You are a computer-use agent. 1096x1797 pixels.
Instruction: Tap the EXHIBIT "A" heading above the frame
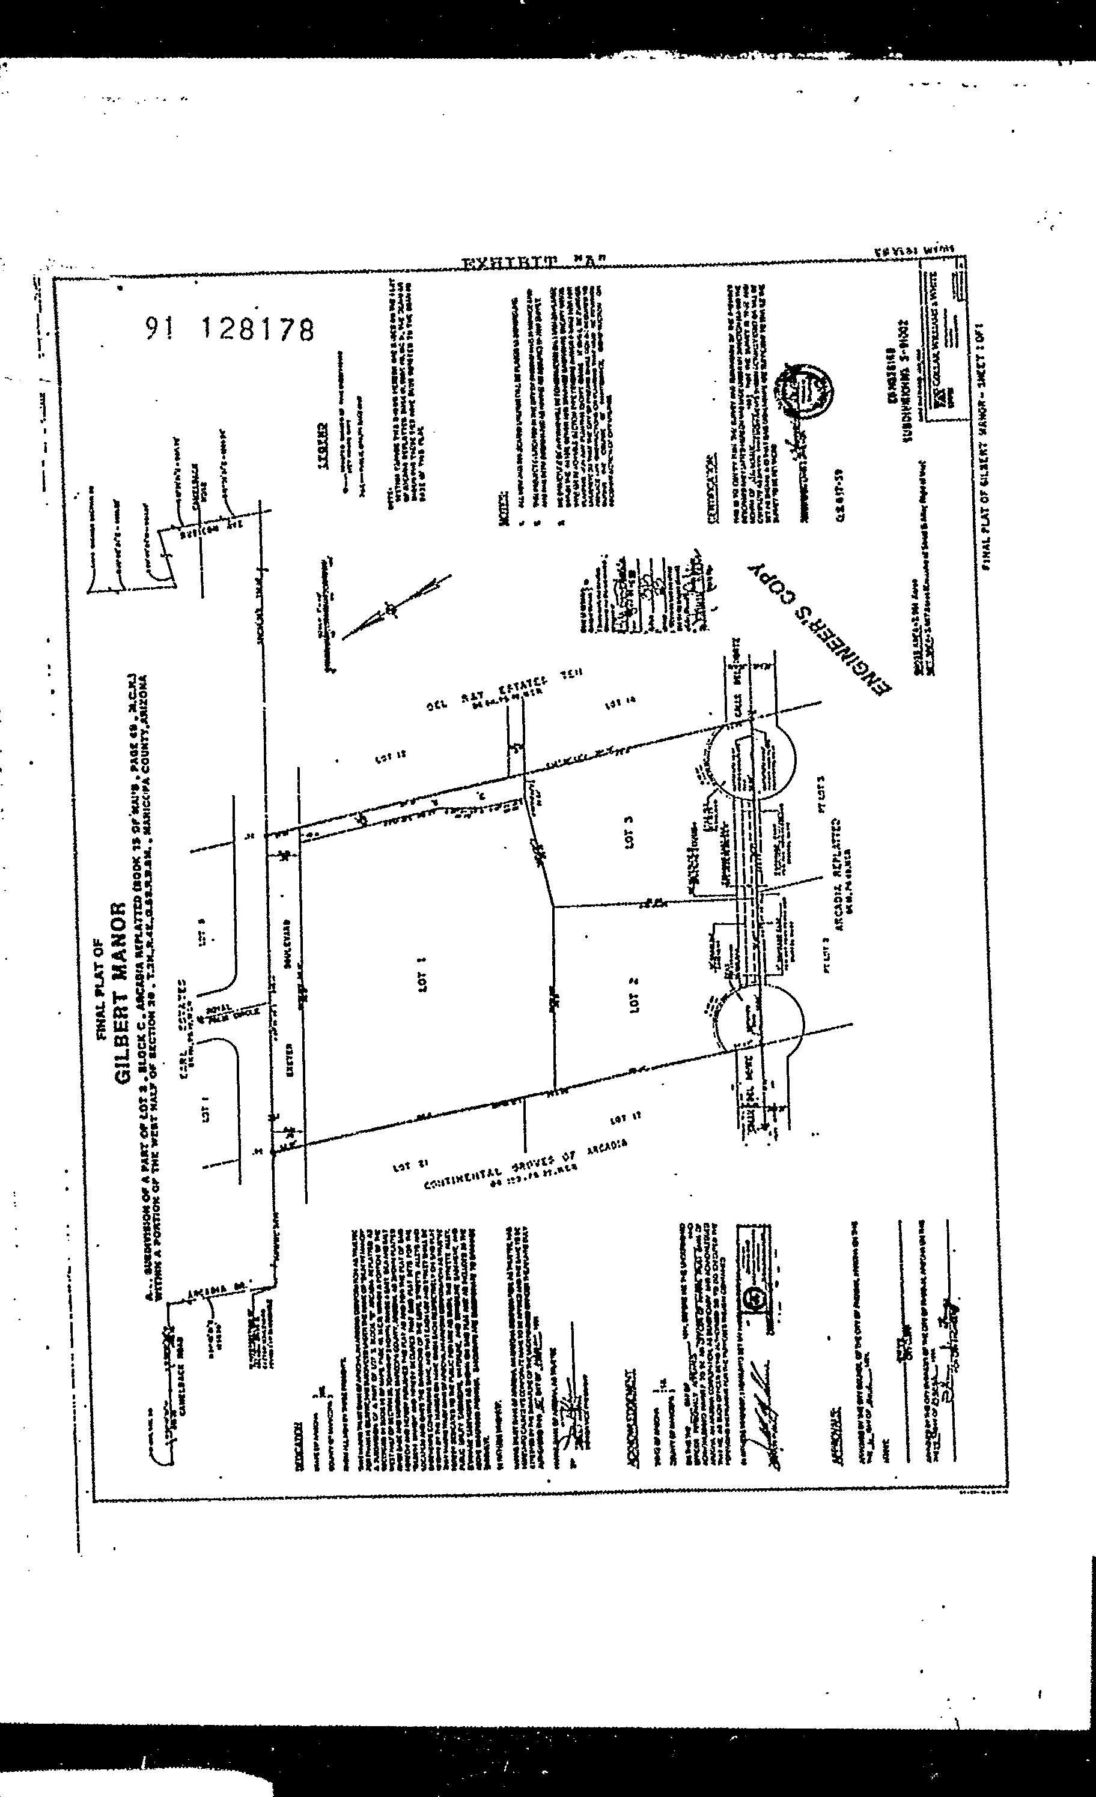[535, 262]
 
